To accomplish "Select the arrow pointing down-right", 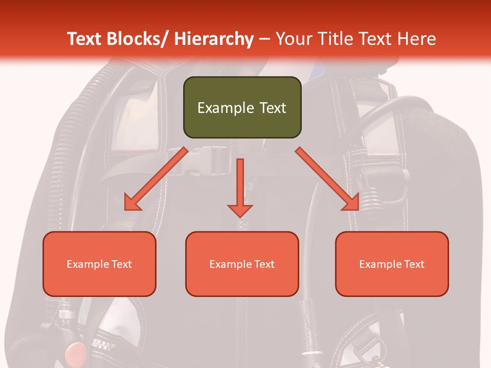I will (328, 179).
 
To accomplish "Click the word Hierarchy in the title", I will (214, 39).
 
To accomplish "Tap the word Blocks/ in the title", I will (138, 39).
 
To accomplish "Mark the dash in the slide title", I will (264, 39).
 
